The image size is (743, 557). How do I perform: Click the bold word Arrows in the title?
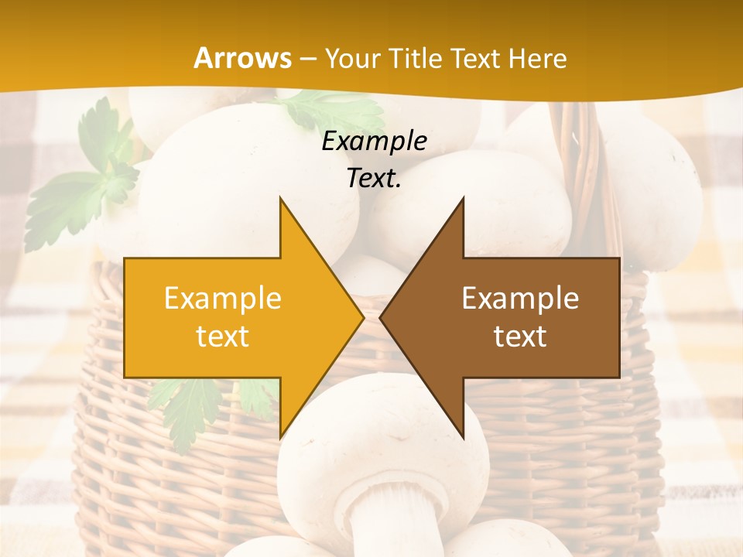[243, 58]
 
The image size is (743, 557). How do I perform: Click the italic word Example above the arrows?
[374, 141]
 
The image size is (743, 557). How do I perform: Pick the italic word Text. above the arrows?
[374, 178]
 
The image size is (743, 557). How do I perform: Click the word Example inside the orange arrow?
[223, 298]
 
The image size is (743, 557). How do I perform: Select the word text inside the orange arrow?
[223, 337]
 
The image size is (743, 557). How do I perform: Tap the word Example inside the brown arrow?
[520, 298]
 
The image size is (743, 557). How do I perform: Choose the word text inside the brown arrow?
[520, 337]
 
